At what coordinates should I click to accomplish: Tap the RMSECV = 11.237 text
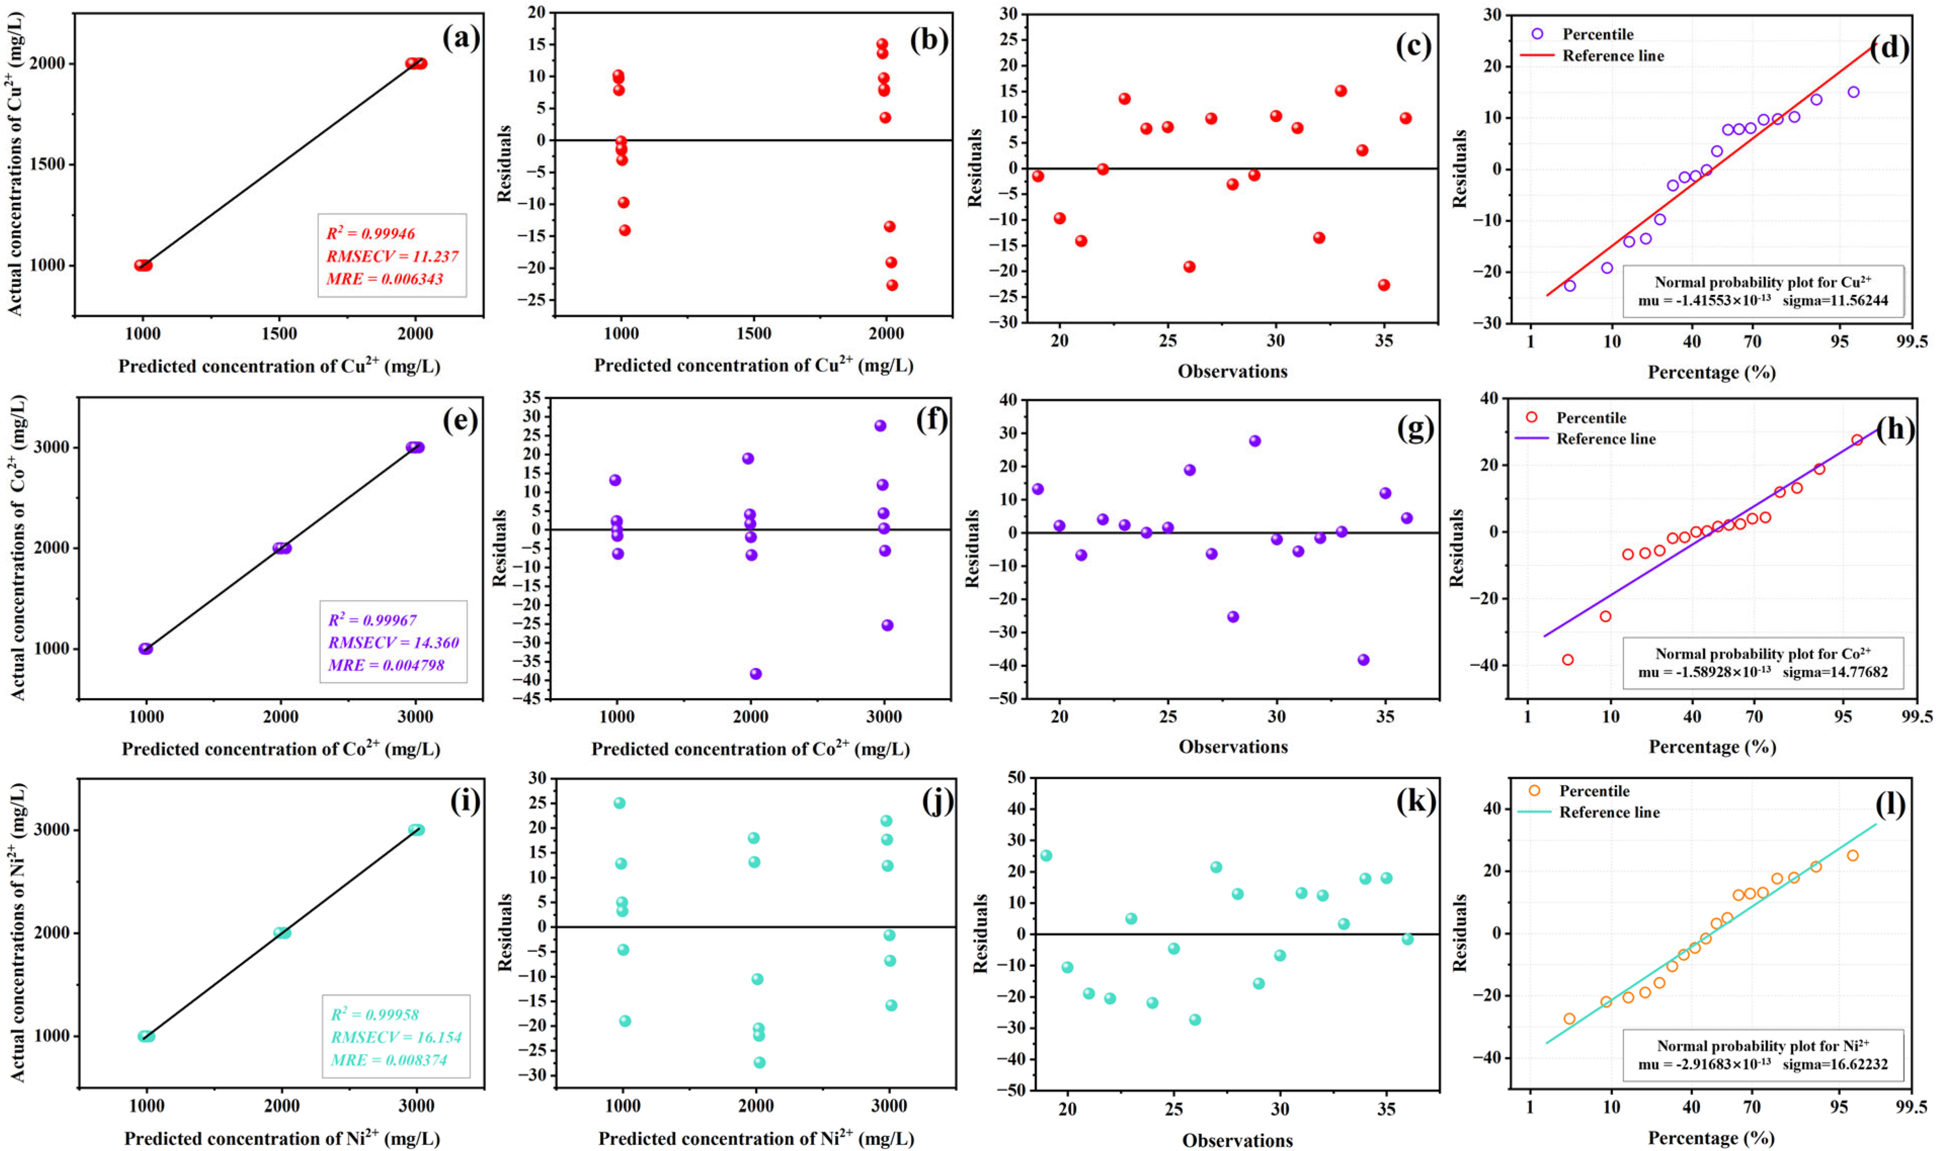coord(392,257)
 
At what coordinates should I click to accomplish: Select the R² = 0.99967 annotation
coord(373,620)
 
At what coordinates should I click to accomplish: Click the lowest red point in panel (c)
coord(1384,285)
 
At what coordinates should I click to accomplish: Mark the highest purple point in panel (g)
coord(1255,441)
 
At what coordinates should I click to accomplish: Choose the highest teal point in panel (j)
coord(619,803)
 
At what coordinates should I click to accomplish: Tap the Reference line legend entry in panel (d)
coord(1612,56)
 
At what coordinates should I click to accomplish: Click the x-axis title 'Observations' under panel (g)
coord(1233,747)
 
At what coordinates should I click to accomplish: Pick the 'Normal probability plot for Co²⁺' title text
coord(1762,654)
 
